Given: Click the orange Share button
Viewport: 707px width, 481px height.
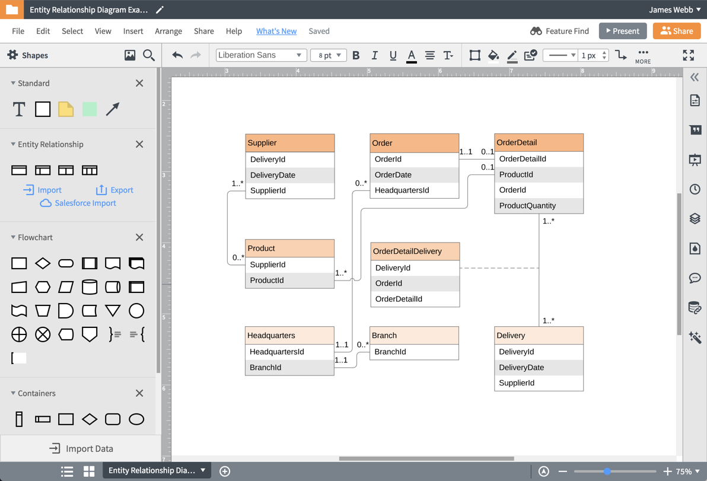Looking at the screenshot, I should click(676, 31).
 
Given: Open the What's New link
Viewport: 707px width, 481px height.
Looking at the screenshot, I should click(276, 31).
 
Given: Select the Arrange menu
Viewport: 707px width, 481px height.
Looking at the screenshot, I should click(168, 31).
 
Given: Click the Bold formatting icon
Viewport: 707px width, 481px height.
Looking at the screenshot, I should click(356, 55).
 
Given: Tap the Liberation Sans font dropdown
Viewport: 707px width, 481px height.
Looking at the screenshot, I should click(260, 55).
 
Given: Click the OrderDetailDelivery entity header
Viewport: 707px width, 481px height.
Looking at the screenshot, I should click(415, 251).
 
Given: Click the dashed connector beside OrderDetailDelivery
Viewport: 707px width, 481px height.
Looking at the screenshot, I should click(499, 268).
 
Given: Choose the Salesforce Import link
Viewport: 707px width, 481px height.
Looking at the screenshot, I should click(85, 203).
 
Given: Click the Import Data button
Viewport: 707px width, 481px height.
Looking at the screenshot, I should click(81, 448).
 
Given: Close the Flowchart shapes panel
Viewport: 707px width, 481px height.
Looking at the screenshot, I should click(139, 237).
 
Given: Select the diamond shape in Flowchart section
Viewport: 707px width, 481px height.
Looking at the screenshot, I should click(43, 263).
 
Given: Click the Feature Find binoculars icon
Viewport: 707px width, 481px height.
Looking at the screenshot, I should click(536, 31).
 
